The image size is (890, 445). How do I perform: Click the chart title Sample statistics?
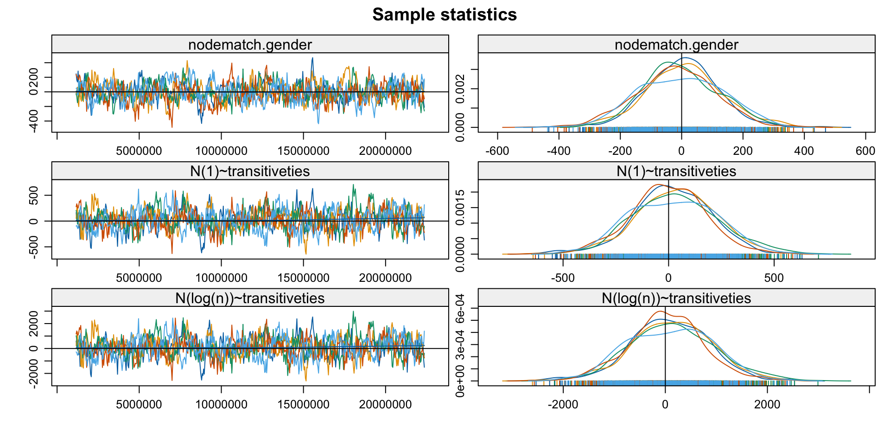[445, 15]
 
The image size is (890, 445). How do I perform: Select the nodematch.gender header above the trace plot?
[250, 44]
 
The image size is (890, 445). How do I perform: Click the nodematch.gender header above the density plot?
[676, 44]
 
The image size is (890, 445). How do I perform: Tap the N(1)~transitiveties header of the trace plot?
[250, 171]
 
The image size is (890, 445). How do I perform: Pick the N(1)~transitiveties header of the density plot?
[676, 171]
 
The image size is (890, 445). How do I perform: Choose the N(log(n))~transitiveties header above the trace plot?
[250, 298]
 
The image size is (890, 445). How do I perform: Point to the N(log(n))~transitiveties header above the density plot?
[676, 298]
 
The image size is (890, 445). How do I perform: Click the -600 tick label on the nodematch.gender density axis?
[497, 151]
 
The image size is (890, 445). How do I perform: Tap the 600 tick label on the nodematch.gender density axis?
[865, 151]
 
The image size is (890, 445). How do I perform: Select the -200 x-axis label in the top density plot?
[620, 151]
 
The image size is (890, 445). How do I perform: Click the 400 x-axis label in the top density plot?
[804, 151]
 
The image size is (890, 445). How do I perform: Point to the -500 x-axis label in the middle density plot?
[563, 278]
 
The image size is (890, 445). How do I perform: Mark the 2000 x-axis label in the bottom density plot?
[767, 405]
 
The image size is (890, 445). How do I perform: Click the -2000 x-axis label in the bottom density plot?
[563, 405]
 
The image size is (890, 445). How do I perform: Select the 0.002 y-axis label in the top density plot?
[460, 88]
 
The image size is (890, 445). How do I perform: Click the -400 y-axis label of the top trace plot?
[33, 121]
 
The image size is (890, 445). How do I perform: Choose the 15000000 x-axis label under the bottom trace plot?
[303, 405]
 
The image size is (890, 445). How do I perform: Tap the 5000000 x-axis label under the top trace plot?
[139, 151]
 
